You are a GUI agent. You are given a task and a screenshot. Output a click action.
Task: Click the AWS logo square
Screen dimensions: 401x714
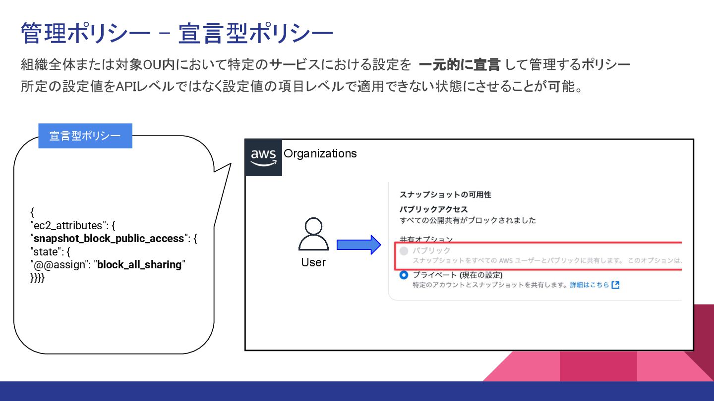(264, 158)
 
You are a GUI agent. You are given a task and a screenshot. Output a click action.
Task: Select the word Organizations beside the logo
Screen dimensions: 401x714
(320, 153)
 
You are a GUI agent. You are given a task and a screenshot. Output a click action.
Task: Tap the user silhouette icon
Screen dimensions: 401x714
(313, 235)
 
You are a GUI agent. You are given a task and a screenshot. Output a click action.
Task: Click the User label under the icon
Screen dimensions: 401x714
(313, 262)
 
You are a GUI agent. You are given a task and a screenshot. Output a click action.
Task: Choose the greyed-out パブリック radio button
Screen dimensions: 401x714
(404, 251)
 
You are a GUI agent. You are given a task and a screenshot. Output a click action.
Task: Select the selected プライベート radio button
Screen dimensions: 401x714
(404, 275)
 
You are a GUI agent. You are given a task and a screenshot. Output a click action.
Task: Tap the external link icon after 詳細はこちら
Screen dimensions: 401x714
(615, 285)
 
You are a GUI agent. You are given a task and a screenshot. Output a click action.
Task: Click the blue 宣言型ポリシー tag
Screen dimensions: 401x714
(85, 136)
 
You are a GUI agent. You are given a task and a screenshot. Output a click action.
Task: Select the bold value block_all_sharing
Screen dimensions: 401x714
(139, 265)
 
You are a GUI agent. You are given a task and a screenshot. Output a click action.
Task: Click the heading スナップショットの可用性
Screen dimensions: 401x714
(445, 195)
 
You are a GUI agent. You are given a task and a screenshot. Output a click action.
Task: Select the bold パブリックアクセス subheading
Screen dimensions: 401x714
(433, 209)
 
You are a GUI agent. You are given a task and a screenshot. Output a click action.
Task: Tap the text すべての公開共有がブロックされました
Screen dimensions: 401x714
(468, 220)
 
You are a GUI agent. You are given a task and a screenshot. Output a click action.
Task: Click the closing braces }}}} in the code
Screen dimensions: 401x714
(37, 278)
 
